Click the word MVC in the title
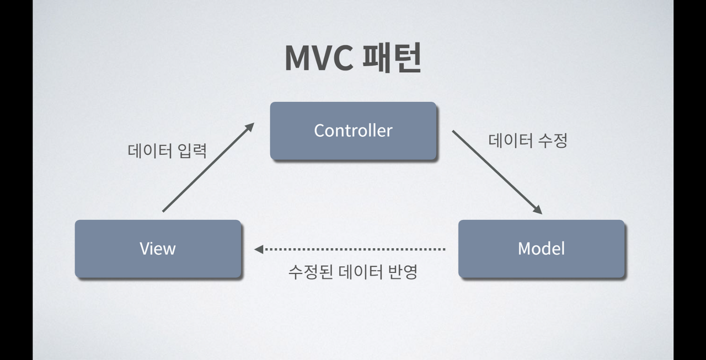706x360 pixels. point(319,58)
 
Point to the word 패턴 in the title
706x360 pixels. point(392,58)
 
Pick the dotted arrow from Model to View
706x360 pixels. point(353,249)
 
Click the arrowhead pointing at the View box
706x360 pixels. point(258,249)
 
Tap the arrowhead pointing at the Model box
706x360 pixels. point(537,210)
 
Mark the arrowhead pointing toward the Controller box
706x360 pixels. point(249,127)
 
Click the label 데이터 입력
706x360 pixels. point(167,151)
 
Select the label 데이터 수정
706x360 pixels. point(528,141)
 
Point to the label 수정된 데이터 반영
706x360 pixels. point(353,271)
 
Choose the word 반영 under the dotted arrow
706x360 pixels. point(402,271)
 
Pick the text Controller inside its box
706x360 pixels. point(353,131)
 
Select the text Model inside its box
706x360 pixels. point(541,249)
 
